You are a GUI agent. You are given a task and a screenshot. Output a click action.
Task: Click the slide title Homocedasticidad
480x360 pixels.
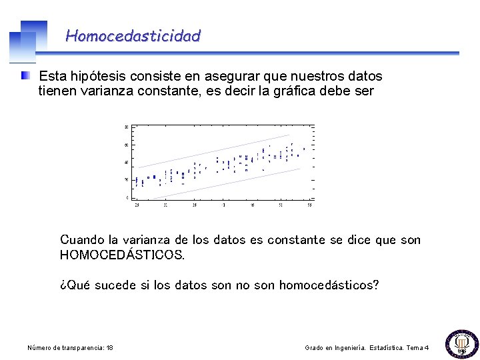pyautogui.click(x=133, y=36)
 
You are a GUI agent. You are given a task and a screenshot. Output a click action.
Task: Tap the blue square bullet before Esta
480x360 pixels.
pyautogui.click(x=25, y=76)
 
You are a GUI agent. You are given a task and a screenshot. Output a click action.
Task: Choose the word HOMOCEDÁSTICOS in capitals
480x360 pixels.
pyautogui.click(x=122, y=255)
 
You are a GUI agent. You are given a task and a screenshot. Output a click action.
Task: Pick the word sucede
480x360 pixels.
pyautogui.click(x=114, y=285)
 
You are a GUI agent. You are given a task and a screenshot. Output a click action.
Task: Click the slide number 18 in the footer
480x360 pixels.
pyautogui.click(x=109, y=348)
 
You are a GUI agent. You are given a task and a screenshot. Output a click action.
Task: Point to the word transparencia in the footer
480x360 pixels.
pyautogui.click(x=81, y=348)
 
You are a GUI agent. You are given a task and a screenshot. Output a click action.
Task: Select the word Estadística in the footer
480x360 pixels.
pyautogui.click(x=393, y=348)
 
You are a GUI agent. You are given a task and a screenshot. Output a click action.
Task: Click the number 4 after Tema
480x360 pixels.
pyautogui.click(x=427, y=348)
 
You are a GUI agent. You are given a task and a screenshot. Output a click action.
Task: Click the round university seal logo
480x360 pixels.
pyautogui.click(x=460, y=343)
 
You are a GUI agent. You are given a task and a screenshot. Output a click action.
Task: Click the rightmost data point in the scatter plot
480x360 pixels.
pyautogui.click(x=304, y=149)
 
